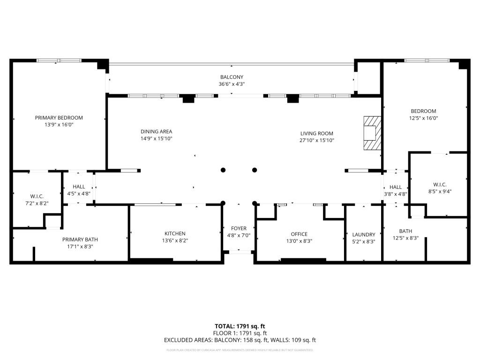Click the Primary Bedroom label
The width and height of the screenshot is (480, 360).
(x=59, y=118)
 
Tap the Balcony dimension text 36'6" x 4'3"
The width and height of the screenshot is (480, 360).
(x=232, y=84)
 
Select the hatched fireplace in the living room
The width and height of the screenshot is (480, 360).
(x=372, y=133)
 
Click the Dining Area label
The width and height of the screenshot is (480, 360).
(x=156, y=132)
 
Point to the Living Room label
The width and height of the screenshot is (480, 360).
(x=316, y=134)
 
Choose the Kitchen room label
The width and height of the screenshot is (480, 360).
(x=175, y=233)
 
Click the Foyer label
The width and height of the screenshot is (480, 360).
(x=239, y=229)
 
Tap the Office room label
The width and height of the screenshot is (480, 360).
(x=299, y=234)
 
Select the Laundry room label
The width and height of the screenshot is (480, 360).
(x=364, y=234)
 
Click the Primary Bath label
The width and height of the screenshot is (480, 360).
(x=80, y=239)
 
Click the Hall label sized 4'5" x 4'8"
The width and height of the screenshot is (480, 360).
(x=79, y=187)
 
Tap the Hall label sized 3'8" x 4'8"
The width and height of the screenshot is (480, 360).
(x=396, y=187)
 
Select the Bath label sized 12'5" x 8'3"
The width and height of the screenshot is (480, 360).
(x=405, y=231)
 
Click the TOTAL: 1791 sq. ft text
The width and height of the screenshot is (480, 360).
(x=240, y=326)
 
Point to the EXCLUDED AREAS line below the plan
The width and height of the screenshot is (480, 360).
(x=240, y=340)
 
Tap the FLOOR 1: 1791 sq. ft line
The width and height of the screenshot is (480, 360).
(x=240, y=333)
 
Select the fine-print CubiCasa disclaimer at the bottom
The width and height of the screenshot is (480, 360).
(x=240, y=350)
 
